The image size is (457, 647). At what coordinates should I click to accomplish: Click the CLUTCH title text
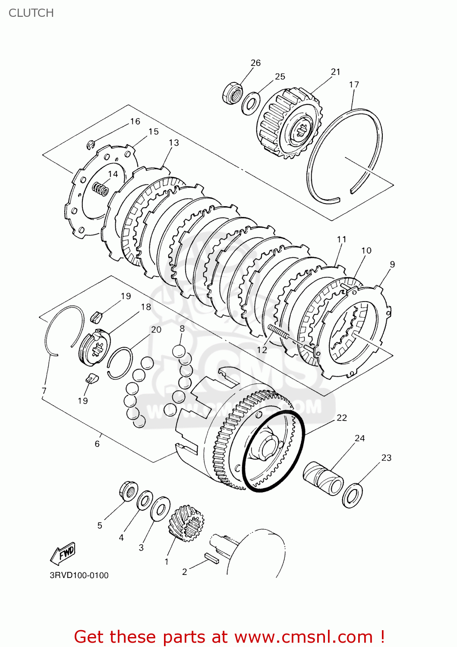tap(31, 13)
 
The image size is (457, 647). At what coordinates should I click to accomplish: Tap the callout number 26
tap(255, 63)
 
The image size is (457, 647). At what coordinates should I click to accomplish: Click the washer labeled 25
tap(251, 103)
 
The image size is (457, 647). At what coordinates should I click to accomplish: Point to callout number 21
tap(335, 72)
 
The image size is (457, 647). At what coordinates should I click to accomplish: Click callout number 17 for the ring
tap(354, 85)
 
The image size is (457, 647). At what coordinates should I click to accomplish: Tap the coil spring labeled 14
tap(101, 188)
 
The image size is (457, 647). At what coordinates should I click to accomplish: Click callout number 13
tap(173, 143)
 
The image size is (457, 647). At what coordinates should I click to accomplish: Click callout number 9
tap(392, 264)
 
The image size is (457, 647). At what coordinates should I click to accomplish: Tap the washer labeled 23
tap(352, 496)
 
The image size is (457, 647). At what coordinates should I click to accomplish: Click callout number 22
tap(341, 418)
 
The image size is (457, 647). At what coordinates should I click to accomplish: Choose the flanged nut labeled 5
tap(128, 491)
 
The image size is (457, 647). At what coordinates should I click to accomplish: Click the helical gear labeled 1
tap(186, 523)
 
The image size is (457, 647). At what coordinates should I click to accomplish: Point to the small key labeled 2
tap(211, 559)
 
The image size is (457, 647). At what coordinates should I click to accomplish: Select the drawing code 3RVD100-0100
tap(79, 575)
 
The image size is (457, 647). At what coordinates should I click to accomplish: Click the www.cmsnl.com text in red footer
tap(304, 637)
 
